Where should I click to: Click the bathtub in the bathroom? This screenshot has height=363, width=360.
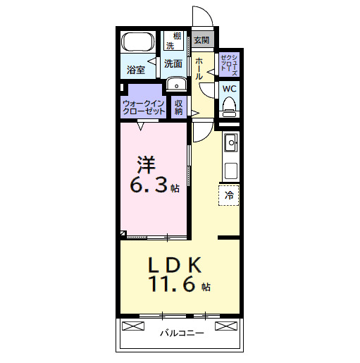[138, 42]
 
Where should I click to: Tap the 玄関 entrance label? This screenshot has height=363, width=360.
[201, 40]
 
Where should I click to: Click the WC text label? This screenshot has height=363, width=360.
[230, 89]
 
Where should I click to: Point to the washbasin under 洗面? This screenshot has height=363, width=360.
[176, 83]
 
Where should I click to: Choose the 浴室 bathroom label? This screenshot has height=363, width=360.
[136, 70]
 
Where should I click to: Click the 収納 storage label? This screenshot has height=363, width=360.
[178, 108]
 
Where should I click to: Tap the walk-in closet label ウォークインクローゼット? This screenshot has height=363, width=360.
[144, 107]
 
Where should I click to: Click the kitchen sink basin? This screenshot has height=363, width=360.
[231, 142]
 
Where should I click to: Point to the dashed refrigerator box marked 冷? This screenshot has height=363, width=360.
[229, 195]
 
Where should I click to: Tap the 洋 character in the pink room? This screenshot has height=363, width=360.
[147, 165]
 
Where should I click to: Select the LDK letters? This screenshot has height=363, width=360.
[175, 265]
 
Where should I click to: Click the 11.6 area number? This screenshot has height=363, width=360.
[172, 284]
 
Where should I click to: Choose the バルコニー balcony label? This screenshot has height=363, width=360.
[182, 333]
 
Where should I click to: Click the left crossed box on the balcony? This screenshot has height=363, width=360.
[133, 326]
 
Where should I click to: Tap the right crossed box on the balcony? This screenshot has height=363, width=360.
[226, 326]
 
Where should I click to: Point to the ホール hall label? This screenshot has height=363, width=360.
[199, 68]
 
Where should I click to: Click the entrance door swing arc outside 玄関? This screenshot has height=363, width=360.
[206, 12]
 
